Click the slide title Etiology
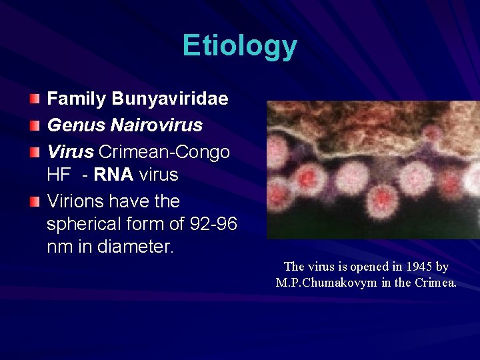point(239,47)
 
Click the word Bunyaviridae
point(170,99)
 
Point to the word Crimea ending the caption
point(435,283)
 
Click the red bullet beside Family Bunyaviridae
point(35,100)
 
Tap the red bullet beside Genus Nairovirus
point(35,125)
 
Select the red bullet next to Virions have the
point(35,201)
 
